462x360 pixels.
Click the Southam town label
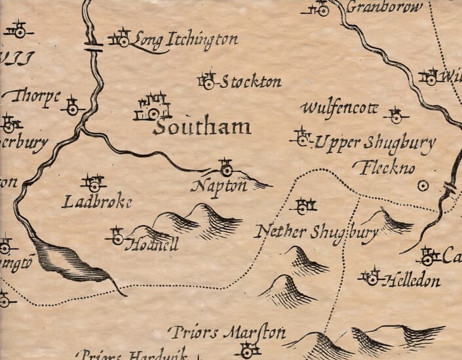pyautogui.click(x=201, y=127)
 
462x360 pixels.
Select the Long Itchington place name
pyautogui.click(x=185, y=41)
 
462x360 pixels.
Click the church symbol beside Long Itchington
pyautogui.click(x=122, y=38)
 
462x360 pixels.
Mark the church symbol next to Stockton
pyautogui.click(x=208, y=81)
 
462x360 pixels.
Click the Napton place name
pyautogui.click(x=219, y=186)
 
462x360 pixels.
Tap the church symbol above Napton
pyautogui.click(x=226, y=169)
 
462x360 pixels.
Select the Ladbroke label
pyautogui.click(x=96, y=202)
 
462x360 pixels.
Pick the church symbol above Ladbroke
pyautogui.click(x=94, y=184)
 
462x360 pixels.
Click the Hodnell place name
pyautogui.click(x=155, y=244)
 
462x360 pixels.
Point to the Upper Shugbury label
pyautogui.click(x=374, y=144)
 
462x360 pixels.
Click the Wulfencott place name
pyautogui.click(x=339, y=108)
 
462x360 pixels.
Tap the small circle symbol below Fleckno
pyautogui.click(x=423, y=186)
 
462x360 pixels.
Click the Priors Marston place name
pyautogui.click(x=227, y=332)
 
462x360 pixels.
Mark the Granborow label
pyautogui.click(x=378, y=7)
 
